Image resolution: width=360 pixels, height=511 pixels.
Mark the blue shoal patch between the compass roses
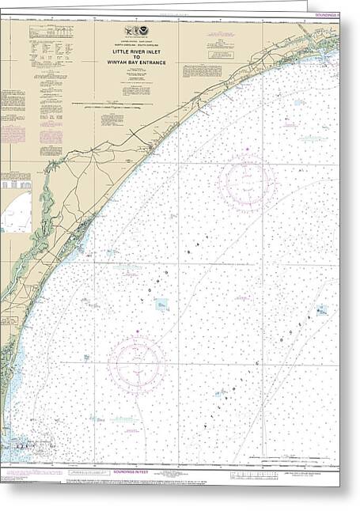161,304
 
